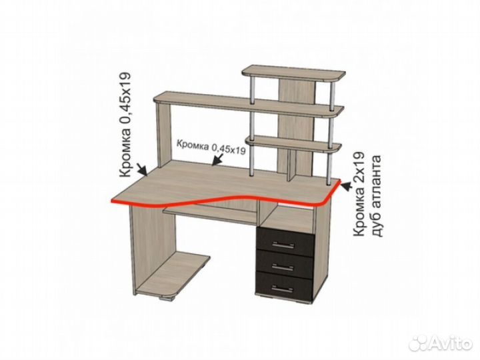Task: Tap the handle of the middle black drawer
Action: [285, 267]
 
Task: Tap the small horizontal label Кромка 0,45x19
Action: [211, 147]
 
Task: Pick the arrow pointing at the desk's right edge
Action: [347, 186]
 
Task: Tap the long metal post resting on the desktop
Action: [251, 160]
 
